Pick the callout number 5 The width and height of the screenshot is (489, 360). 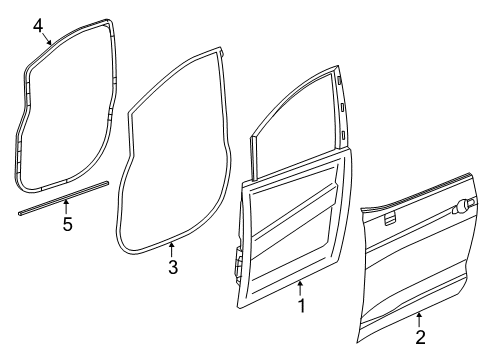[67, 224]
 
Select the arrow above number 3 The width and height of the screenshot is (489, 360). [171, 249]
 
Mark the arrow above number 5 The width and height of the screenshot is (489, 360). [67, 206]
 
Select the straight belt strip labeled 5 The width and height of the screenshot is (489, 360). [60, 205]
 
